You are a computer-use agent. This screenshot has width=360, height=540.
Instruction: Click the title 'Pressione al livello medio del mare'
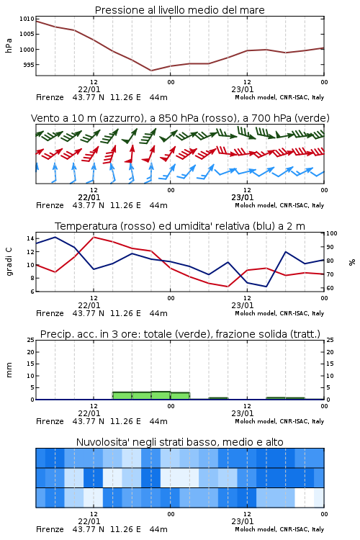pos(179,10)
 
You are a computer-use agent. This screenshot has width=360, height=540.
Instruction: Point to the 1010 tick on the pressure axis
pos(27,19)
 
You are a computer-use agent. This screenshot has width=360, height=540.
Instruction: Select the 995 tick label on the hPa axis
pos(29,65)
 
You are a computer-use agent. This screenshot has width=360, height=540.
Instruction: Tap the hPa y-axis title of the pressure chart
pos(9,45)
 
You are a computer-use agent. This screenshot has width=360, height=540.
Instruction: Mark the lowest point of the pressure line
pos(151,71)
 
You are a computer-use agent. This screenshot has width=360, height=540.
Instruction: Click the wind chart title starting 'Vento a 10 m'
pos(180,118)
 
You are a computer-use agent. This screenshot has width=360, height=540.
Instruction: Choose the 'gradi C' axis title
pos(9,262)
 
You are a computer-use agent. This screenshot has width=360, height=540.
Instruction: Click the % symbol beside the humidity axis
pos(352,262)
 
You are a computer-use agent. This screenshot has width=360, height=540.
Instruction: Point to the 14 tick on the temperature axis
pos(30,238)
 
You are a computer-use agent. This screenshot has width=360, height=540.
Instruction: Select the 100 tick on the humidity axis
pos(332,233)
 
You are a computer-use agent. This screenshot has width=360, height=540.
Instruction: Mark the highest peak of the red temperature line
pos(94,237)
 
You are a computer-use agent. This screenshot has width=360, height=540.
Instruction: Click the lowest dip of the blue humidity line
pos(266,287)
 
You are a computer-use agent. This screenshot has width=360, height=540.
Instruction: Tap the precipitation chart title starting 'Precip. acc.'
pos(180,334)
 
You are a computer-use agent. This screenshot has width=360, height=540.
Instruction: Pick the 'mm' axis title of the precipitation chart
pos(9,370)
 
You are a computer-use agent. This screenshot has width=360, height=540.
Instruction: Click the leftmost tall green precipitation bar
pos(122,396)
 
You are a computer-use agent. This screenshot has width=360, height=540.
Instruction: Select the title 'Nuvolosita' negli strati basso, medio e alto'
pos(179,442)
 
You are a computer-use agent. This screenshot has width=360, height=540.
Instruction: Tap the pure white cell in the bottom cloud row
pos(305,498)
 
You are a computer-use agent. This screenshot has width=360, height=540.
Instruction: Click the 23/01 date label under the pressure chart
pos(243,89)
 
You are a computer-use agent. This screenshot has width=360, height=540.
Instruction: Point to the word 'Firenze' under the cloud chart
pos(50,529)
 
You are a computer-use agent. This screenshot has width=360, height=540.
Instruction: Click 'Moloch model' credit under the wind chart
pos(256,206)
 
